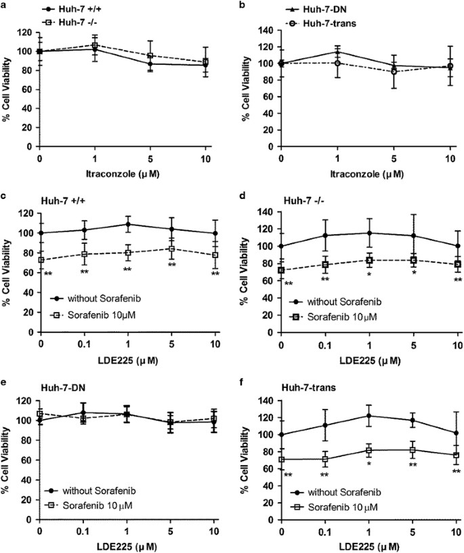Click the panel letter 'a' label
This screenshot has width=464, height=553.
pos(5,5)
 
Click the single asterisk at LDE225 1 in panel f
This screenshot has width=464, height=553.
pos(368,464)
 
